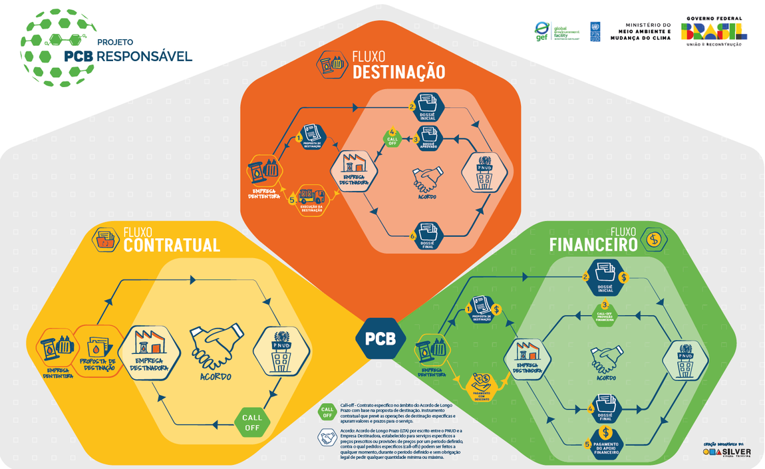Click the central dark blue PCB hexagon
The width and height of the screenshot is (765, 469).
381,338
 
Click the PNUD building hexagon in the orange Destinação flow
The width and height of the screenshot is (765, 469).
484,172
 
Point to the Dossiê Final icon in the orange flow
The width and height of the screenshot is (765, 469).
427,235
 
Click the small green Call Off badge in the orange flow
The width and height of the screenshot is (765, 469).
392,138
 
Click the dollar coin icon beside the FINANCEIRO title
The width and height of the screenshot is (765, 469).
654,239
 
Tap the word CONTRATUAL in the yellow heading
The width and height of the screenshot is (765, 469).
172,245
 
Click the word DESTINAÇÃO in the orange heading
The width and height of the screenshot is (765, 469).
398,72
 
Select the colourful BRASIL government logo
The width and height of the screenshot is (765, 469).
714,31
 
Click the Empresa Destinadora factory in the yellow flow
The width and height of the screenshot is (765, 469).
149,351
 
